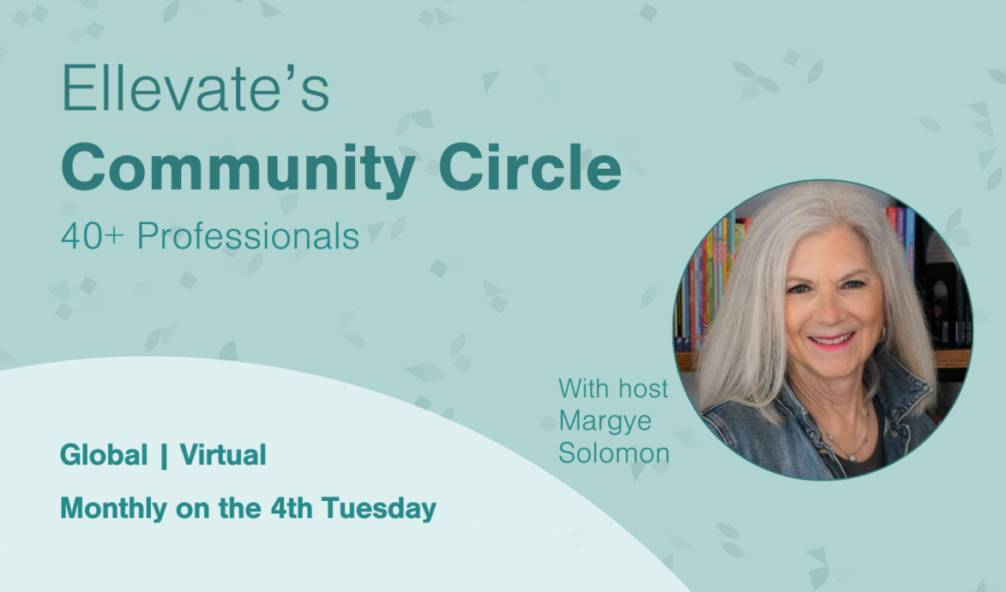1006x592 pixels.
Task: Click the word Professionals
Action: point(248,237)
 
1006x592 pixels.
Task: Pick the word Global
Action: point(104,456)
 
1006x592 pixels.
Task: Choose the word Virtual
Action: point(223,456)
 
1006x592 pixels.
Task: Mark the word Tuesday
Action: point(379,509)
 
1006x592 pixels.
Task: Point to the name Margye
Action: point(604,421)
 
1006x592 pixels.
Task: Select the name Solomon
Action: point(614,453)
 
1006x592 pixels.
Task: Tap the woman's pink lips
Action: point(830,342)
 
